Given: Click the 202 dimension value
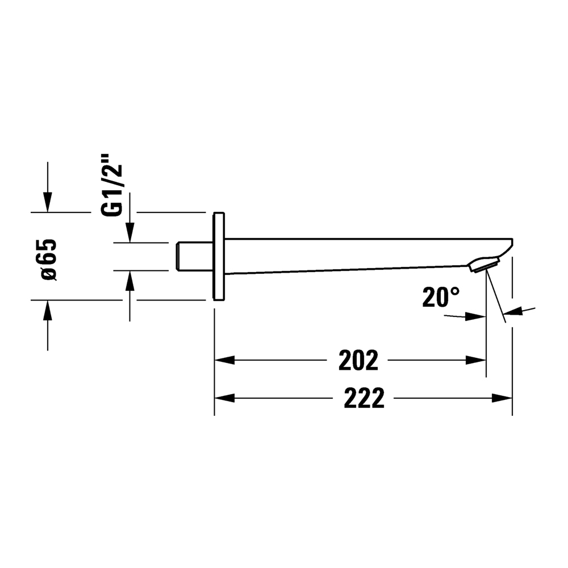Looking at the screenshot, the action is pos(358,361).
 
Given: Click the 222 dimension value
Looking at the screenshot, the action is pos(364,399).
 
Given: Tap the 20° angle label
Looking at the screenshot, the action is pos(441,298).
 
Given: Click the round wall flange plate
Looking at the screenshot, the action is pos(219,256).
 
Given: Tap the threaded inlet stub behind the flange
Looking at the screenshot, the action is pos(194,256).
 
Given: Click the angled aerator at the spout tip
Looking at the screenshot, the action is pos(485,264).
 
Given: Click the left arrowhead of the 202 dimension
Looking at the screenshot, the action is pos(224,361).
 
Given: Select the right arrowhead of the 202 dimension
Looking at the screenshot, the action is pos(475,361).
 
